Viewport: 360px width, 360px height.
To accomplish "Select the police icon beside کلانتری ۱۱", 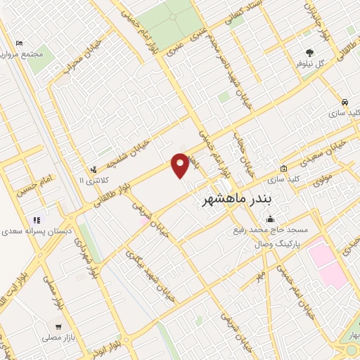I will click(x=94, y=169).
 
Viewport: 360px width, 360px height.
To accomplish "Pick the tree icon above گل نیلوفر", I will click(x=309, y=52).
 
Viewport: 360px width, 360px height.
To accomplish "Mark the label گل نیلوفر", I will click(x=309, y=64).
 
